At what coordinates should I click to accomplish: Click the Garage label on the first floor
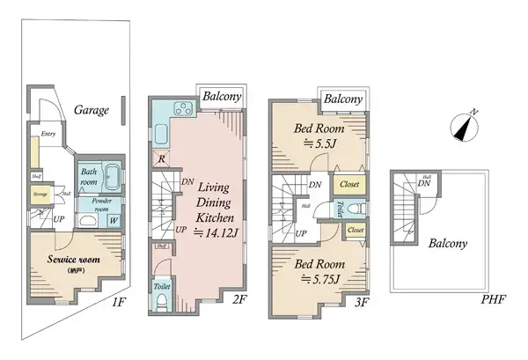tap(92, 110)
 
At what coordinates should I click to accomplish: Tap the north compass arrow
tap(464, 126)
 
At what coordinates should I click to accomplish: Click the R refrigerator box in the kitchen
tap(162, 158)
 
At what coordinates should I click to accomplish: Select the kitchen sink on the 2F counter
tap(162, 135)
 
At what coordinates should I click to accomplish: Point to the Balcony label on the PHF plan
tap(447, 244)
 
